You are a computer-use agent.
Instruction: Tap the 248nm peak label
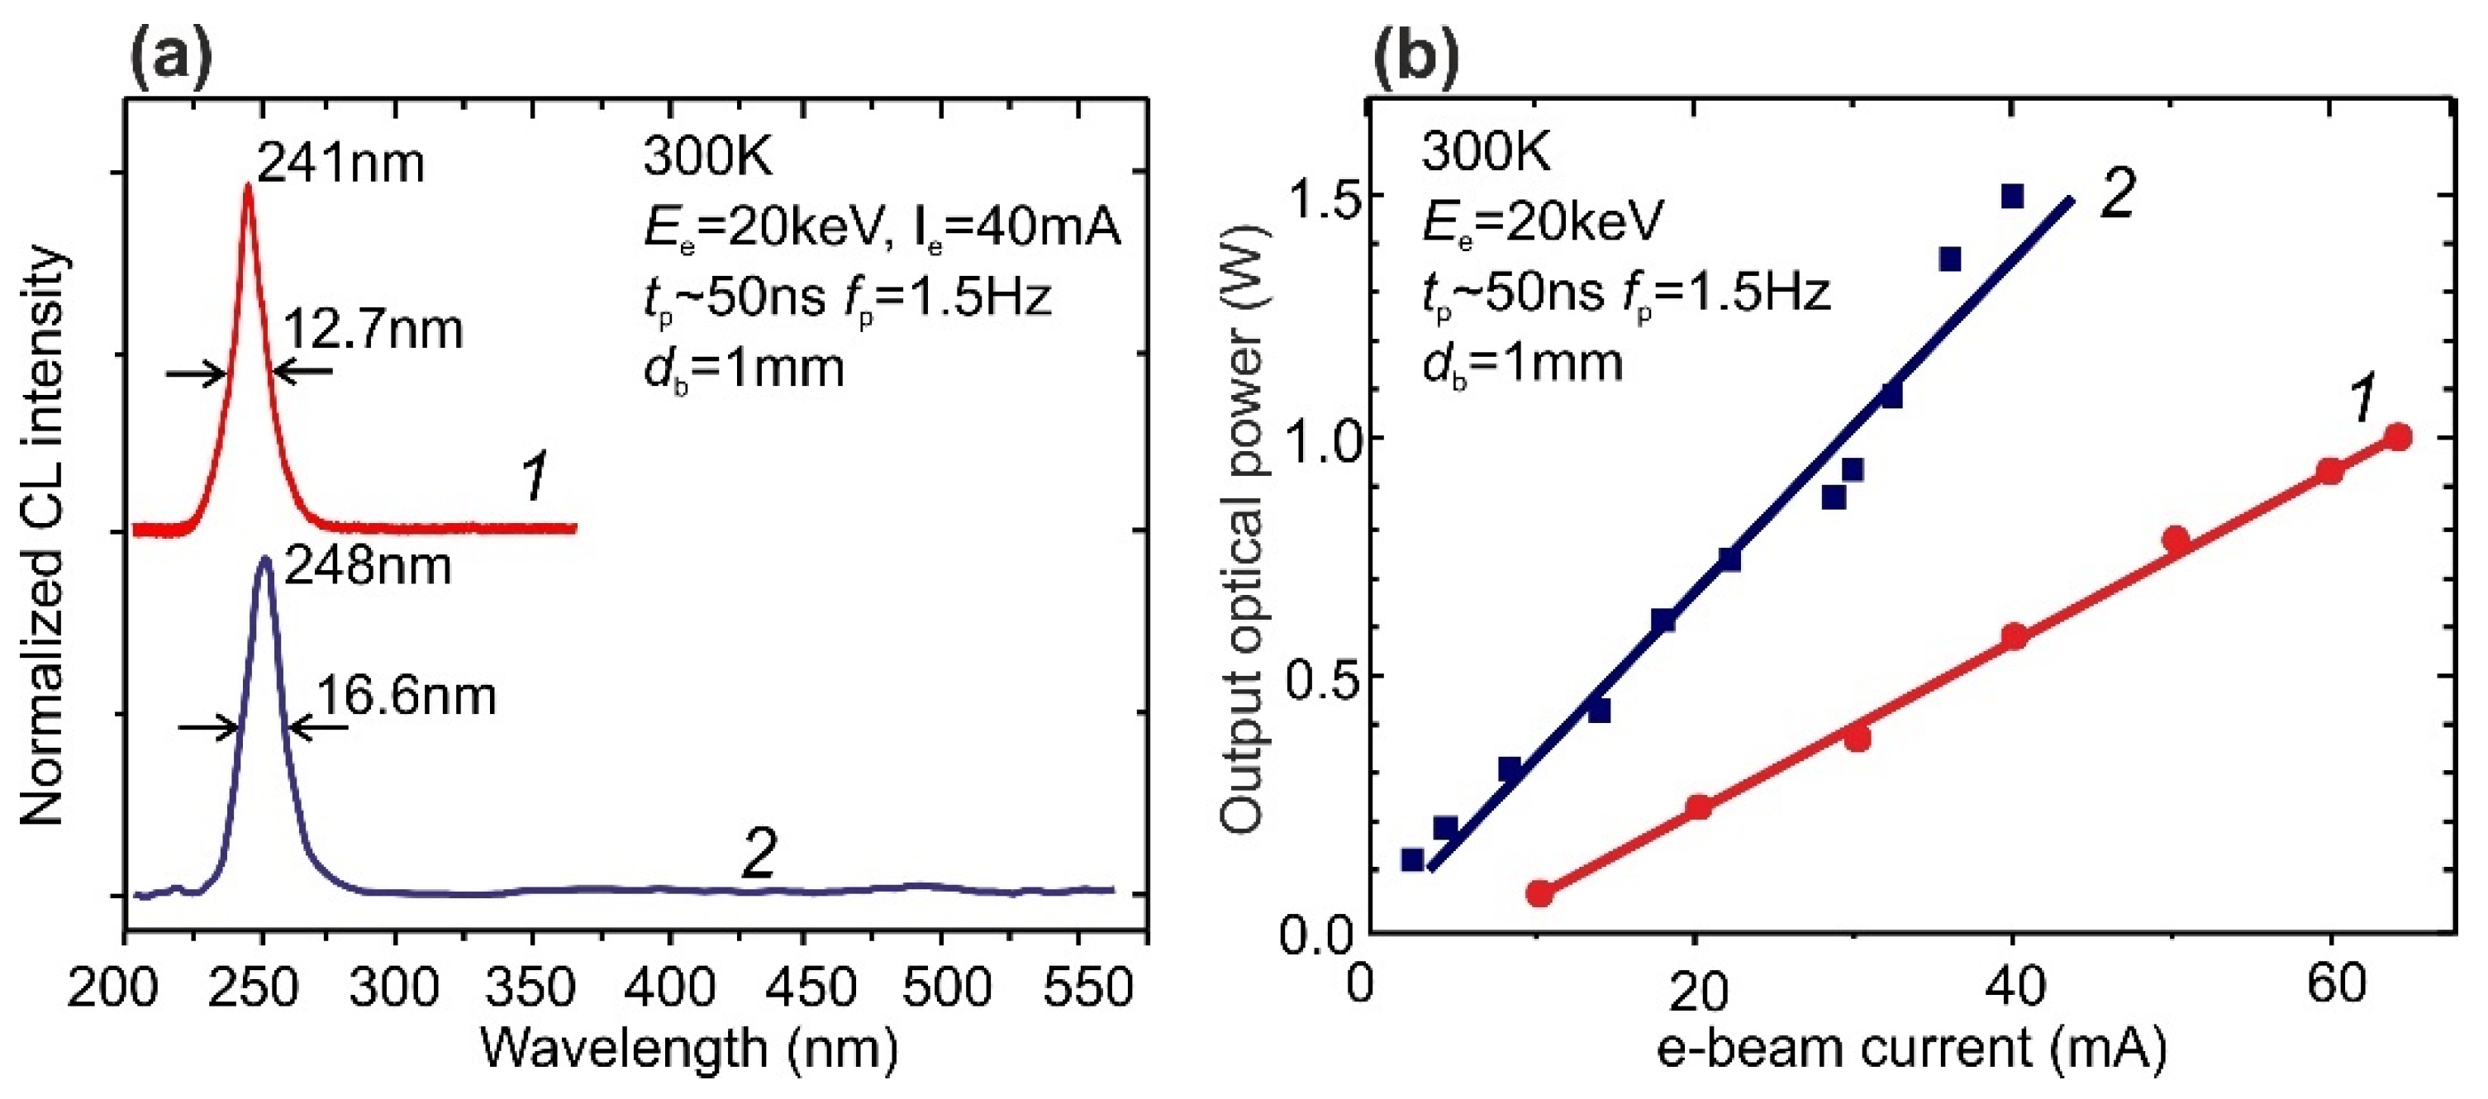[367, 566]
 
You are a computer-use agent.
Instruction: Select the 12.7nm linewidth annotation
[373, 331]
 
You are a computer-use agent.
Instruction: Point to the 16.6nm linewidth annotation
[406, 695]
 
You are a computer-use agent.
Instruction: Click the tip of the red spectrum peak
[247, 187]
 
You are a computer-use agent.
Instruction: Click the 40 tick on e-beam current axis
[2015, 987]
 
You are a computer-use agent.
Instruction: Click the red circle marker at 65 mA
[2396, 437]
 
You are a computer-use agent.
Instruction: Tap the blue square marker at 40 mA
[2012, 197]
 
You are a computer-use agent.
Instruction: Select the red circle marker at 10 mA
[1539, 892]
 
